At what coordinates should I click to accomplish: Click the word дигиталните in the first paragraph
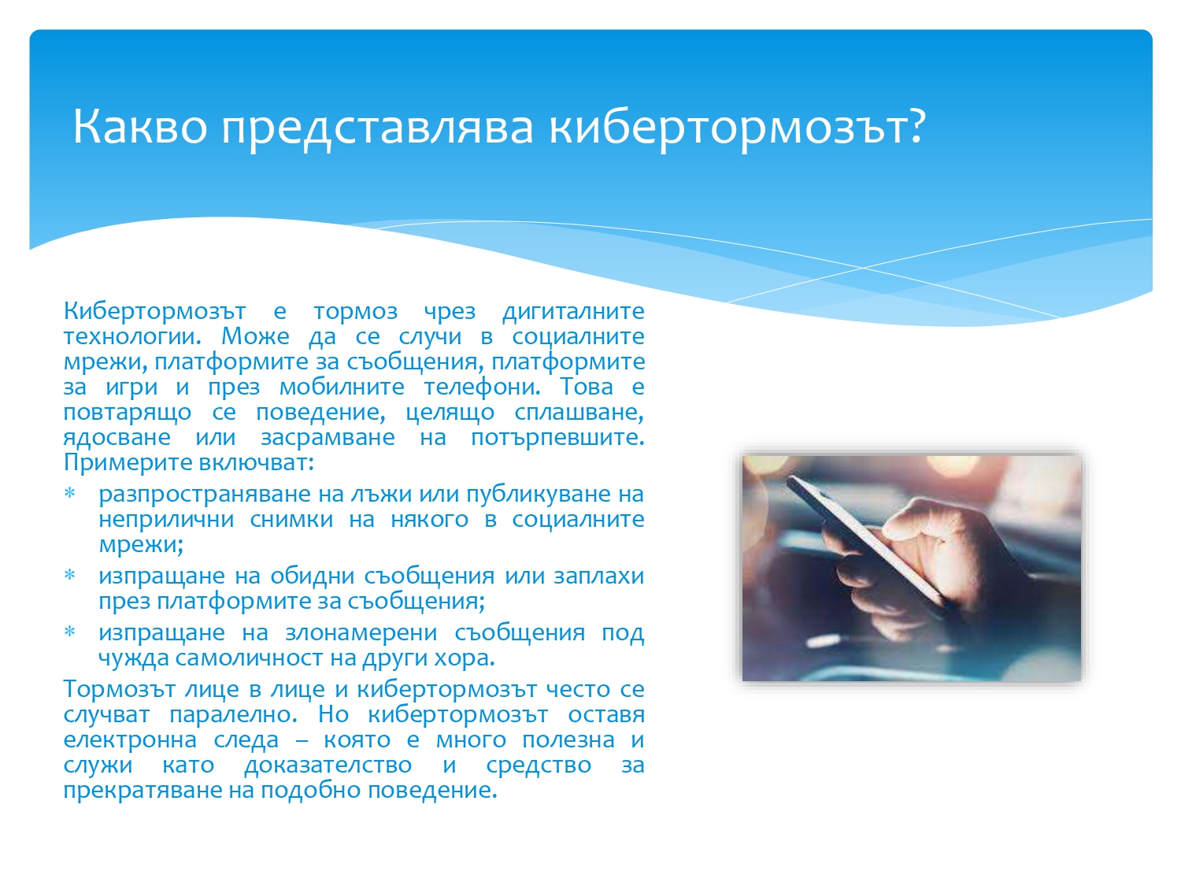click(573, 312)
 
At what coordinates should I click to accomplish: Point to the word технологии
click(131, 337)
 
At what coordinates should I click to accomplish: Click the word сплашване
click(579, 413)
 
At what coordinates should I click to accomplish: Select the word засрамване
click(327, 438)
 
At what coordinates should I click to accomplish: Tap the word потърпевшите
click(557, 438)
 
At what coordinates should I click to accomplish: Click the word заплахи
click(599, 576)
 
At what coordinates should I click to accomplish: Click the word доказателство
click(328, 766)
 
